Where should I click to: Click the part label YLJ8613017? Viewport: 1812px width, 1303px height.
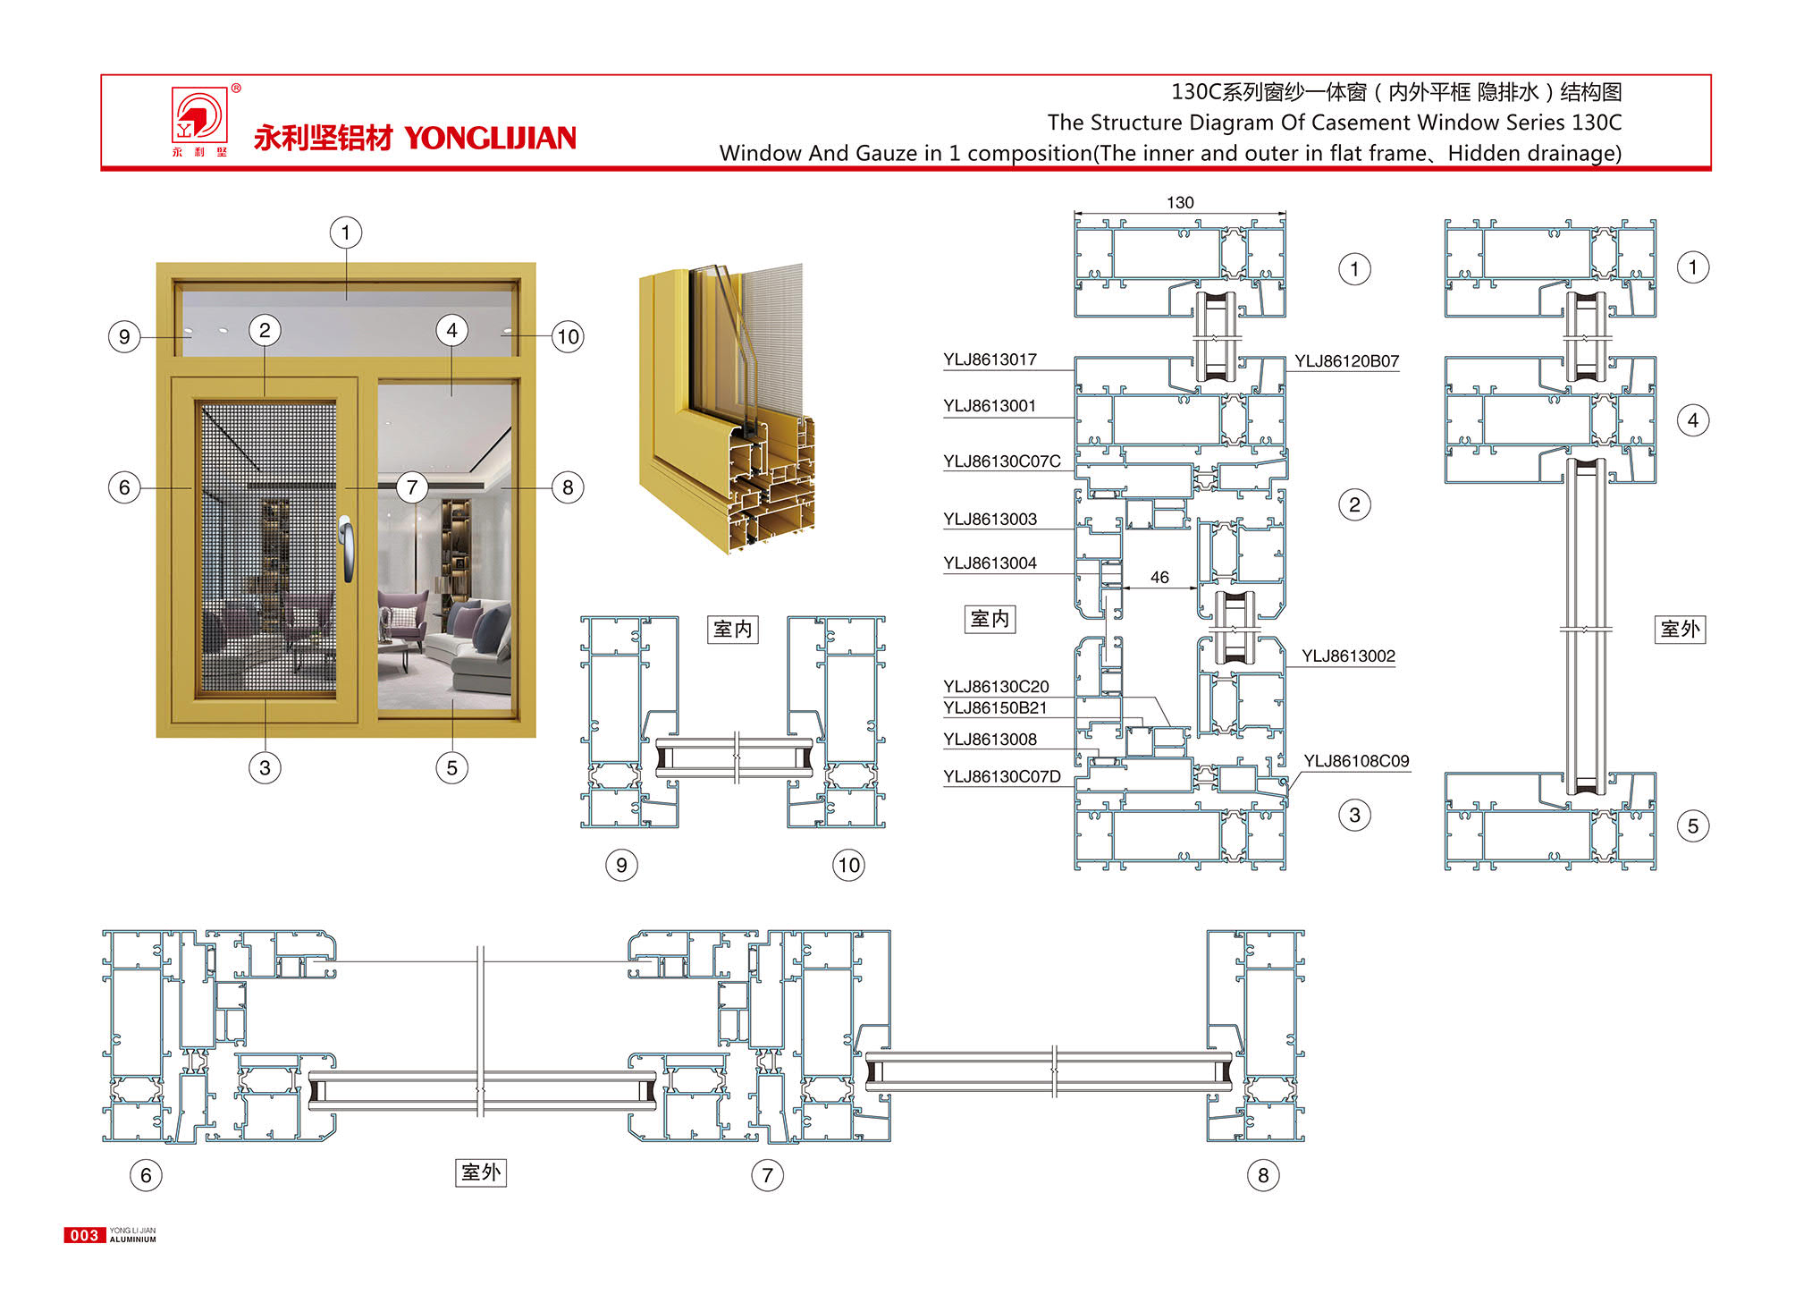point(990,360)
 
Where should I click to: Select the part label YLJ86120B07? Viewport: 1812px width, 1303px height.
point(1346,361)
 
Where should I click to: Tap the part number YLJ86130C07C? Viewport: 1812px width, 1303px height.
point(1001,461)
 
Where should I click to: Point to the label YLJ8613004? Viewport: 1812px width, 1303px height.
point(990,563)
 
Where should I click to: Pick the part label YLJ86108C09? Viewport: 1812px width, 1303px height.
point(1356,761)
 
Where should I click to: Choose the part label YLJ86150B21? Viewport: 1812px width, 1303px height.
point(995,708)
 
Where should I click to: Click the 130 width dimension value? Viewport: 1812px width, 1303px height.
point(1180,203)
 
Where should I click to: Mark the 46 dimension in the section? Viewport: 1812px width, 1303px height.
point(1159,578)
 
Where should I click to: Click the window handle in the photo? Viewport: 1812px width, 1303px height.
point(346,548)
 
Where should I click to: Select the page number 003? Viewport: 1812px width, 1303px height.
point(84,1236)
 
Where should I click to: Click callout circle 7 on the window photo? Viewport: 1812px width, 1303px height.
point(412,487)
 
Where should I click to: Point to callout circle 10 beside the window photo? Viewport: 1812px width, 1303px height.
point(568,337)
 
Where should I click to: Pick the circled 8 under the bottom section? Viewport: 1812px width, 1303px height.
point(1263,1175)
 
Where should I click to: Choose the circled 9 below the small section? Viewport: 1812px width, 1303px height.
point(621,865)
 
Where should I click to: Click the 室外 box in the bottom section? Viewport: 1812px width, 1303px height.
point(481,1172)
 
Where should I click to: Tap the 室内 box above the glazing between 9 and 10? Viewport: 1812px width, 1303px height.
point(733,630)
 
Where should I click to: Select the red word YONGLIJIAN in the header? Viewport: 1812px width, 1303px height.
point(490,138)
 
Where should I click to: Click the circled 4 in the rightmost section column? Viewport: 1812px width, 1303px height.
point(1693,420)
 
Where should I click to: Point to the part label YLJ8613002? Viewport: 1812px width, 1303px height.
point(1348,656)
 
